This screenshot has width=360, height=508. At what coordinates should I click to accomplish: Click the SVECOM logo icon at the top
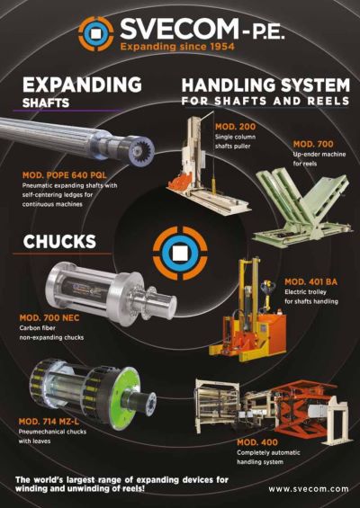click(x=96, y=33)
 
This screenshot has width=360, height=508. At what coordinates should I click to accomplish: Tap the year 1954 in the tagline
click(x=221, y=47)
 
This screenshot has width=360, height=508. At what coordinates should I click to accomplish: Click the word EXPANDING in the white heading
click(x=82, y=85)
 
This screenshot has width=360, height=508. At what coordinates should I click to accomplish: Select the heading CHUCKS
click(x=59, y=242)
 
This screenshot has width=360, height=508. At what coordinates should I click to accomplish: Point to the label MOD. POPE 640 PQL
click(x=64, y=175)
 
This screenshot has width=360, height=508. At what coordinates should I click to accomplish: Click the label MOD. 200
click(x=235, y=127)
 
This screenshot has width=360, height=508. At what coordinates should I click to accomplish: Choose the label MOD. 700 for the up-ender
click(x=313, y=144)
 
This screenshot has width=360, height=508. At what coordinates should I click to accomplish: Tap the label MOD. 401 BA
click(x=310, y=281)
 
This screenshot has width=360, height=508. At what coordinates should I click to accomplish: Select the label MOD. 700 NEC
click(x=49, y=317)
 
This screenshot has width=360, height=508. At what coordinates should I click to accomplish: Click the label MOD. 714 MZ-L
click(x=49, y=421)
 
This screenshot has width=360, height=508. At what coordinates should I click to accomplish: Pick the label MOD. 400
click(x=257, y=442)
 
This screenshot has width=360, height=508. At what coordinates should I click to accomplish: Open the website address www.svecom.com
click(x=309, y=489)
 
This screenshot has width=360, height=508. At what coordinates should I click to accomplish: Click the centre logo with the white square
click(x=180, y=253)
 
